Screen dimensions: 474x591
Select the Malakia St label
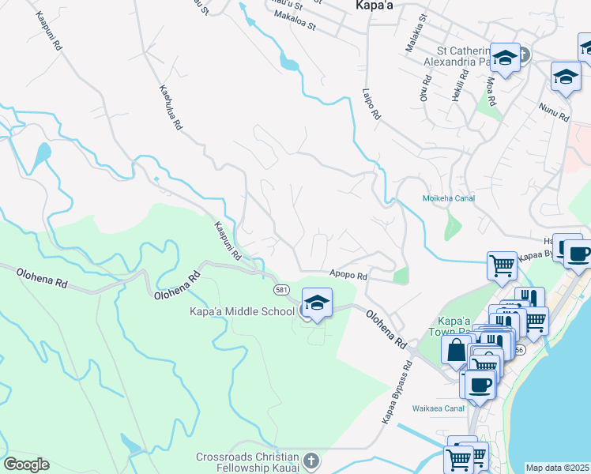click(416, 33)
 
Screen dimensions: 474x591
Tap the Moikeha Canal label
click(449, 198)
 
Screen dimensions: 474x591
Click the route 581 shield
click(282, 291)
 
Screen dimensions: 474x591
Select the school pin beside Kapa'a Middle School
click(317, 303)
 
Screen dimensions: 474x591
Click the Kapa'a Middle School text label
click(242, 311)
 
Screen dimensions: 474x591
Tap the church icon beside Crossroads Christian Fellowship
click(311, 460)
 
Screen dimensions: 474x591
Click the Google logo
click(26, 465)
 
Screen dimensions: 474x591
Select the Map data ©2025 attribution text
click(557, 468)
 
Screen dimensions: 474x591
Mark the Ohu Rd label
click(424, 88)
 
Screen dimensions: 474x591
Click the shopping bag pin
click(457, 351)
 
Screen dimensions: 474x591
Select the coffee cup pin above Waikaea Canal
click(480, 384)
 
